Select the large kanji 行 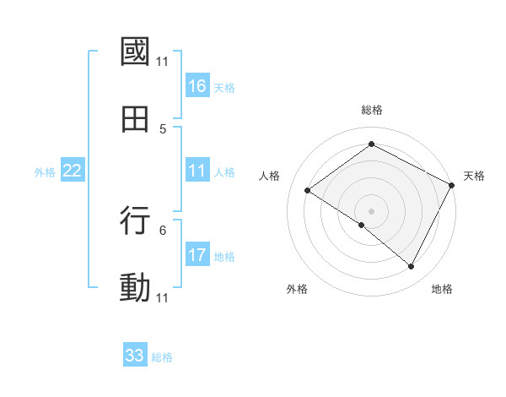tap(135, 220)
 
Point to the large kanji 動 tap(135, 288)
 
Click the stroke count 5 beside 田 tap(163, 129)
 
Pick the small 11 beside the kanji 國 tap(163, 62)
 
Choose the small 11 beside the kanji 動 tap(163, 298)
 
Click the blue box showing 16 tap(197, 85)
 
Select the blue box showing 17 tap(197, 254)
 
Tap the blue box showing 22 tap(73, 171)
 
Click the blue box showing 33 tap(135, 356)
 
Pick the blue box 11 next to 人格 tap(197, 171)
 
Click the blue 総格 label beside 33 tap(163, 357)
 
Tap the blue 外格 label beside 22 tap(45, 172)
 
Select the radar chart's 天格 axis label tap(474, 176)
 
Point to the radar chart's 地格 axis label tap(442, 289)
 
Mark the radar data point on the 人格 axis tap(308, 191)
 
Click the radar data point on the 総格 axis tap(371, 144)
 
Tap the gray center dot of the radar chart tap(371, 210)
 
